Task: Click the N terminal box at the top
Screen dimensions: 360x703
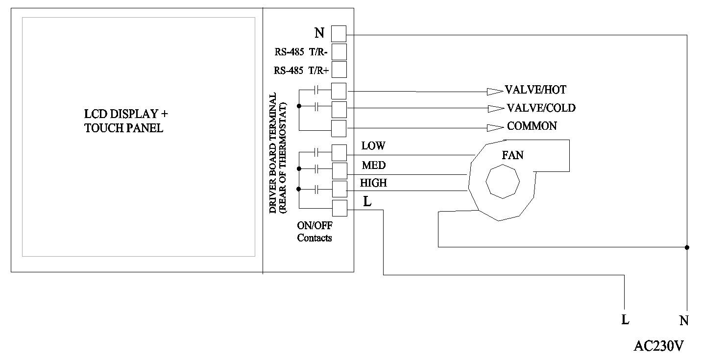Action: tap(339, 34)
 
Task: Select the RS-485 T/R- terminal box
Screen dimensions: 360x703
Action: tap(339, 52)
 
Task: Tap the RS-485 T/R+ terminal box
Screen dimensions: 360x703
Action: tap(339, 70)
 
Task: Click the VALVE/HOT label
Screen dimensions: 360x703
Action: tap(535, 90)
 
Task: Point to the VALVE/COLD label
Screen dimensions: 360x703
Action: tap(541, 108)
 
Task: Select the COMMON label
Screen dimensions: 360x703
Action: tap(532, 126)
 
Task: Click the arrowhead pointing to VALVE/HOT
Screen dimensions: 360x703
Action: tap(494, 91)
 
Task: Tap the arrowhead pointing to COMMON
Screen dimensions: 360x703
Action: tap(495, 128)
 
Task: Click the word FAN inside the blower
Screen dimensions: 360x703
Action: tap(512, 155)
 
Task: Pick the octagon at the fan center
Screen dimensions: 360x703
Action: tap(502, 182)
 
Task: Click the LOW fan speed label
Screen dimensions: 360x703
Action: tap(373, 146)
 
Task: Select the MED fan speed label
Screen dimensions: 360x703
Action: tap(373, 165)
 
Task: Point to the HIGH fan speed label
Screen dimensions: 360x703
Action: tap(373, 183)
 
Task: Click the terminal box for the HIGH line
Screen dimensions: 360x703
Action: tap(339, 189)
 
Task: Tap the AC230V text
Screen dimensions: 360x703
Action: tap(658, 346)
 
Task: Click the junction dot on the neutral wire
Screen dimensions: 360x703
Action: tap(687, 247)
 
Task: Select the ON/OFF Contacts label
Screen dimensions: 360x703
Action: tap(314, 232)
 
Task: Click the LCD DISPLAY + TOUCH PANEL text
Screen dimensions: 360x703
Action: tap(126, 121)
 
